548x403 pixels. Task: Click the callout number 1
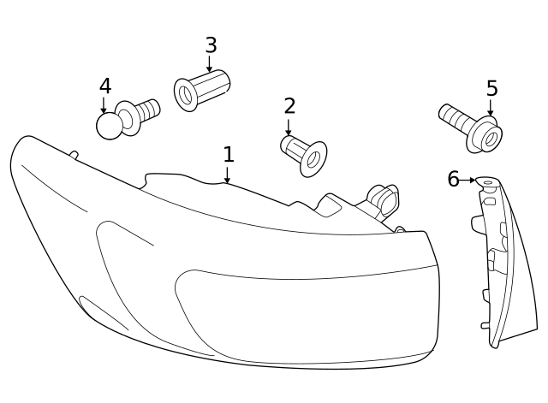point(228,155)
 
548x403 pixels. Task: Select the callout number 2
point(289,106)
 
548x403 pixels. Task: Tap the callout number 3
point(211,45)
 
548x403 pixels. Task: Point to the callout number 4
point(104,86)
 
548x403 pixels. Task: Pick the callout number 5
point(491,89)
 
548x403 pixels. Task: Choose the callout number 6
point(453,179)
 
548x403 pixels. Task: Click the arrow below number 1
point(227,175)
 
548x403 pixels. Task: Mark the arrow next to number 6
point(468,181)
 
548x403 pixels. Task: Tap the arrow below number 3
point(210,64)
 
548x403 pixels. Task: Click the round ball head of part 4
point(110,126)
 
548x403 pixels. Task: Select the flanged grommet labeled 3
point(202,88)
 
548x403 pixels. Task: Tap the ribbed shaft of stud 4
point(147,110)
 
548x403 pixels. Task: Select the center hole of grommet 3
point(186,94)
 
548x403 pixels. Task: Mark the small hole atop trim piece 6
point(487,182)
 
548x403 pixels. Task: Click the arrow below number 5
point(491,108)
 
